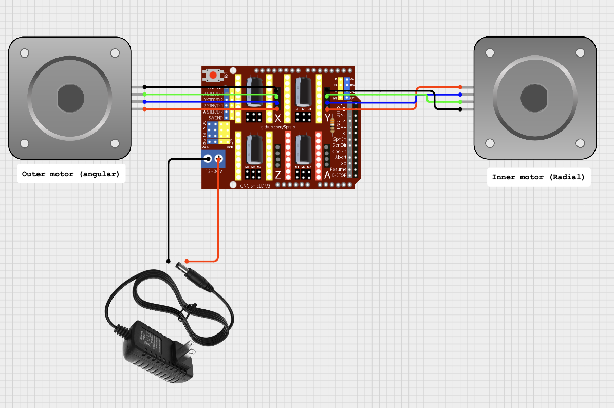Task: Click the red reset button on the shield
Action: point(213,75)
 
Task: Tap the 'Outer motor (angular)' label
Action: point(71,174)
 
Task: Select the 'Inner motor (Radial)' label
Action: point(538,177)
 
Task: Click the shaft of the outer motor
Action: point(70,98)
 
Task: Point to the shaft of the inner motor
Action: point(535,98)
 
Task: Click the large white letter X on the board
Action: point(277,118)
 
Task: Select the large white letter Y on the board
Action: point(327,118)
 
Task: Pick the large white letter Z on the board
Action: point(277,175)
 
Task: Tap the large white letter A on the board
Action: point(327,175)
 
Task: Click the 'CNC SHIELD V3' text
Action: point(255,186)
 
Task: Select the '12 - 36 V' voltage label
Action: point(214,171)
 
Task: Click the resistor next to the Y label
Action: point(332,125)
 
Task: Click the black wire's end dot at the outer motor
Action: point(144,87)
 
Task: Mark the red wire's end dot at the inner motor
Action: point(460,87)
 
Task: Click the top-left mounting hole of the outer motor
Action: point(25,53)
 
